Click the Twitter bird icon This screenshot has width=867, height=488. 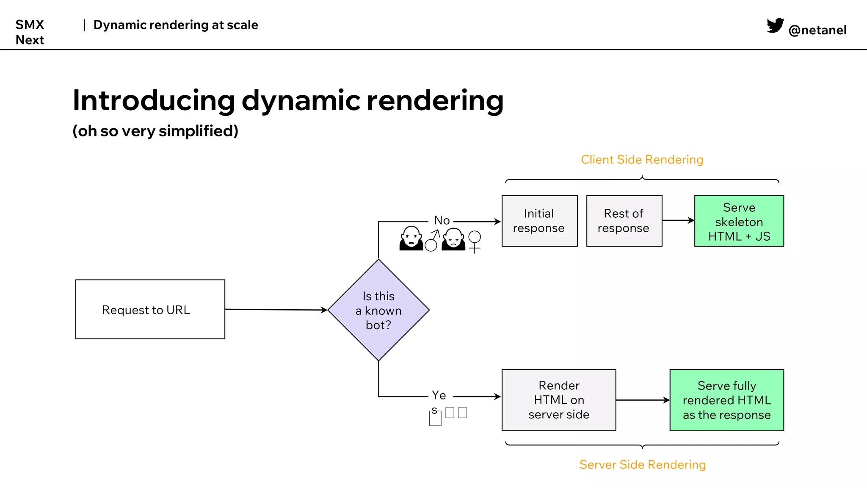775,25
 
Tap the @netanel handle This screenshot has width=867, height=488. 817,30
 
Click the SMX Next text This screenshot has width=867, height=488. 30,32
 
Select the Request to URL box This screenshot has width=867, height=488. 150,309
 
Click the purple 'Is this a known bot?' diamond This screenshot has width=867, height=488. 378,310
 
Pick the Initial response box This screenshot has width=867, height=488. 539,221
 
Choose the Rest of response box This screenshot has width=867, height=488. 624,221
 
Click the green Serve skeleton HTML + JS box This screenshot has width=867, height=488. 739,221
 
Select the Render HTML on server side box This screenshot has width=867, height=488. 559,400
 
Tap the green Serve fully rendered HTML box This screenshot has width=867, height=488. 726,400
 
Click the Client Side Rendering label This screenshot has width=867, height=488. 642,160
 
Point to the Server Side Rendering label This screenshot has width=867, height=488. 642,465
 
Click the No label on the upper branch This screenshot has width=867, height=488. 442,220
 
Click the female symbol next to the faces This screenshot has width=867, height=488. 475,241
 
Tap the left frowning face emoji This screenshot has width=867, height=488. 411,238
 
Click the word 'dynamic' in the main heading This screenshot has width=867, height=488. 300,101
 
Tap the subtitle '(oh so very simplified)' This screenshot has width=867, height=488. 155,131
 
